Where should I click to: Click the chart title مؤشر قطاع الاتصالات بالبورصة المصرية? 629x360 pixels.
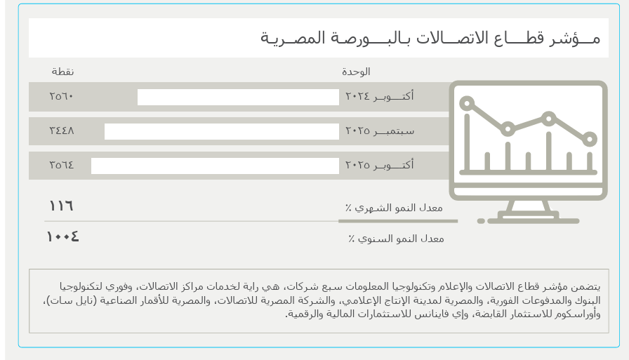tap(430, 38)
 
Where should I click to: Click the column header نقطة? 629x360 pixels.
tap(62, 72)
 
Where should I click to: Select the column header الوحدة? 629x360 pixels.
tap(356, 72)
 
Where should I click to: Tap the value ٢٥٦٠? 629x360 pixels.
tap(62, 96)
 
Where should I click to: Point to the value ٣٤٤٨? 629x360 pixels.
tap(62, 131)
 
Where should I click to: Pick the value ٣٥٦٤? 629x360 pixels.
tap(62, 165)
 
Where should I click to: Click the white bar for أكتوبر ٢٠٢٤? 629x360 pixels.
tap(238, 97)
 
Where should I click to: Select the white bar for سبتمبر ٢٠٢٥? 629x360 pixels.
tap(221, 131)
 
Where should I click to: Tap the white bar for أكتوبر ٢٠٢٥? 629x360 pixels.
tap(215, 166)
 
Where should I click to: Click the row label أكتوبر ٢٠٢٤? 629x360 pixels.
tap(379, 96)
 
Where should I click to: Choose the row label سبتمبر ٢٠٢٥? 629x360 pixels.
tap(379, 131)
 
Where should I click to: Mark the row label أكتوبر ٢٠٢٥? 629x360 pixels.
tap(379, 165)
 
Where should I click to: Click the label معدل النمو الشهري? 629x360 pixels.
tap(395, 208)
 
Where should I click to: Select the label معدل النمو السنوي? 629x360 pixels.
tap(397, 239)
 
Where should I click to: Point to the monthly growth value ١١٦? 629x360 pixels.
tap(61, 206)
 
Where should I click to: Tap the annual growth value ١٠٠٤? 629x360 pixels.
tap(62, 236)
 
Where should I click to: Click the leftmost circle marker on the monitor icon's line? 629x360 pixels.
tap(467, 104)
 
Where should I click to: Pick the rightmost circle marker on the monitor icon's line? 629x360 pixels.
tap(590, 139)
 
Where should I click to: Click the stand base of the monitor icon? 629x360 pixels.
tap(528, 218)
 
